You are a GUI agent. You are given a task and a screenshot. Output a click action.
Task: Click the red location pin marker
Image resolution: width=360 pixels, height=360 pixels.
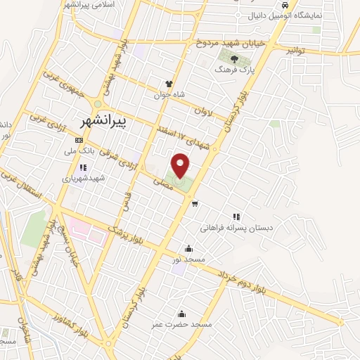181,165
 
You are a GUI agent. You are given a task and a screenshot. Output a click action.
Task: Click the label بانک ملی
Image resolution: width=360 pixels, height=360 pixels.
79,150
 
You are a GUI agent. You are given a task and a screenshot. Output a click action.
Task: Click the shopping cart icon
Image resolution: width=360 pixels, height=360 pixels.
195,205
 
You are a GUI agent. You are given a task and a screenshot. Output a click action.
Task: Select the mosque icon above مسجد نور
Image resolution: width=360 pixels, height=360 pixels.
188,248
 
